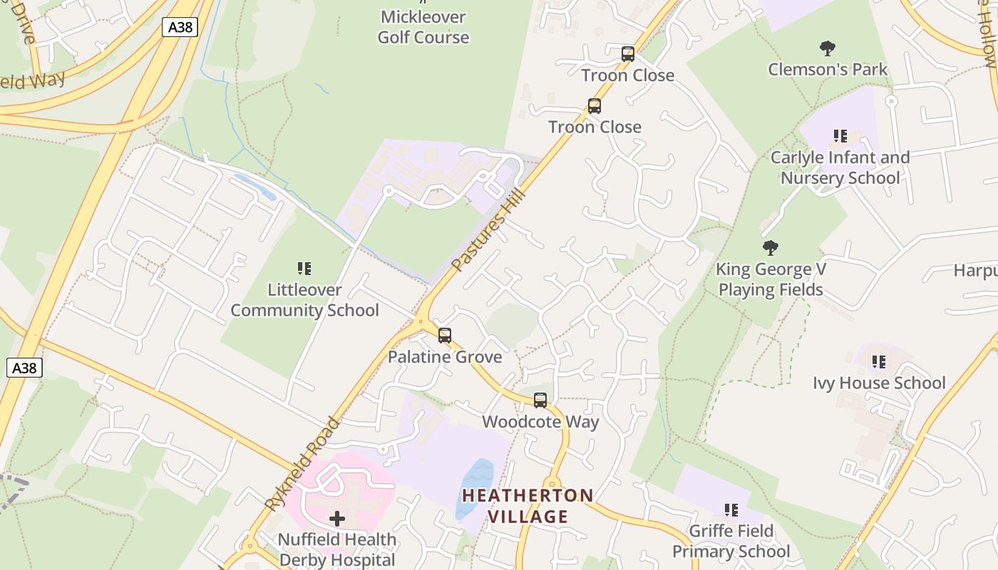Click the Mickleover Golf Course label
tap(423, 27)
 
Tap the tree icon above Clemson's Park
tap(827, 48)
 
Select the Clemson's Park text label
tap(827, 69)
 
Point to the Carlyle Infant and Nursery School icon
tap(840, 135)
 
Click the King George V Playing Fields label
tap(771, 279)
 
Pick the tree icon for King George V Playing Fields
tap(770, 248)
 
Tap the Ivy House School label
tap(879, 383)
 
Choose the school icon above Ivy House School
tap(879, 362)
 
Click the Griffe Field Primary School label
tap(731, 541)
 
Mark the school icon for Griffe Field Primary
tap(731, 510)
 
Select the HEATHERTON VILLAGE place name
tap(528, 506)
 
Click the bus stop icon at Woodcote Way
tap(540, 400)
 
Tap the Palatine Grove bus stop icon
tap(445, 336)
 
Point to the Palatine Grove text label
tap(445, 356)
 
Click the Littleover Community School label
tap(304, 300)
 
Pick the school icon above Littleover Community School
tap(304, 269)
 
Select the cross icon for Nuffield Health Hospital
tap(337, 518)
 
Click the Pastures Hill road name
tap(489, 229)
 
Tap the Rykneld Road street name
tap(302, 463)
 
